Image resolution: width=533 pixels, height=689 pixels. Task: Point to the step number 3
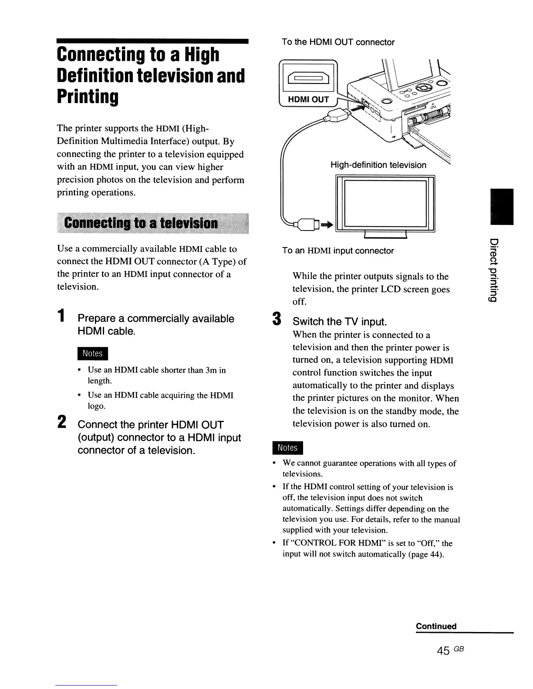[x=275, y=320]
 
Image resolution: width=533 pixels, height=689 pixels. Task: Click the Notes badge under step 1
[x=92, y=353]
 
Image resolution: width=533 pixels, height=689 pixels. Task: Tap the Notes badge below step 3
[x=287, y=448]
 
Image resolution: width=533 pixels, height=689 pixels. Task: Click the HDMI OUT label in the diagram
[x=308, y=99]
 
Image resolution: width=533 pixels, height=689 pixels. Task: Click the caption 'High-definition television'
[x=378, y=165]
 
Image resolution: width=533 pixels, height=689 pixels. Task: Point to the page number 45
[x=443, y=650]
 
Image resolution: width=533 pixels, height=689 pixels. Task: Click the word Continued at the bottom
[x=436, y=626]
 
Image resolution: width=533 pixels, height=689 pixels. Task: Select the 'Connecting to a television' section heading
[x=141, y=224]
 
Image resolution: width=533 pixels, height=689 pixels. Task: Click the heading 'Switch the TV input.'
[x=340, y=321]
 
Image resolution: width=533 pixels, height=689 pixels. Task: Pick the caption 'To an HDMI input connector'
[x=337, y=251]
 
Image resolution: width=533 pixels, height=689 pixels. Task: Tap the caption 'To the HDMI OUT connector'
[x=338, y=42]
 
